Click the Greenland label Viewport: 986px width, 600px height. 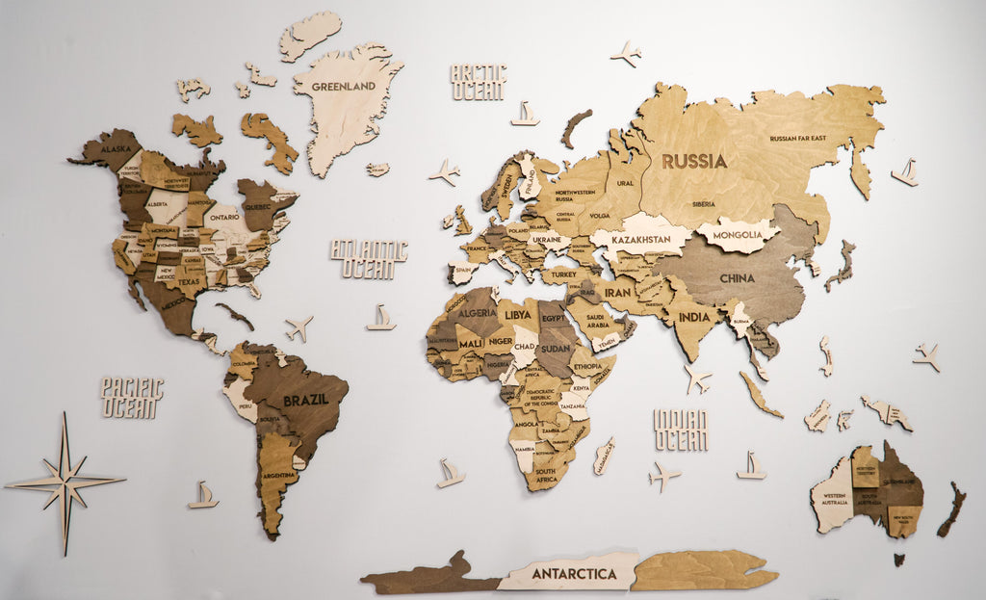click(342, 86)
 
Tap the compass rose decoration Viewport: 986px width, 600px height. click(65, 482)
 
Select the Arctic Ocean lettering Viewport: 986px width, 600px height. click(478, 82)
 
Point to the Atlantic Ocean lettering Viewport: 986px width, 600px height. click(369, 258)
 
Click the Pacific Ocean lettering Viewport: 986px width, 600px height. click(132, 397)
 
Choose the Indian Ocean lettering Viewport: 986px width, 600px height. click(681, 430)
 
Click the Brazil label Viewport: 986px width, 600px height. click(304, 399)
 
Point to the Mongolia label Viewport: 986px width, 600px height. click(738, 234)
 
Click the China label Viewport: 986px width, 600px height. click(738, 278)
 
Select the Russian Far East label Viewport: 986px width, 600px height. click(797, 139)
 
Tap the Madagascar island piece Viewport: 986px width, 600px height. click(604, 456)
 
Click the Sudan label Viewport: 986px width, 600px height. click(555, 348)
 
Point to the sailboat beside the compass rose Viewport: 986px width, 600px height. click(202, 495)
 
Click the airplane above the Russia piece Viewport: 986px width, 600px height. click(627, 53)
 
